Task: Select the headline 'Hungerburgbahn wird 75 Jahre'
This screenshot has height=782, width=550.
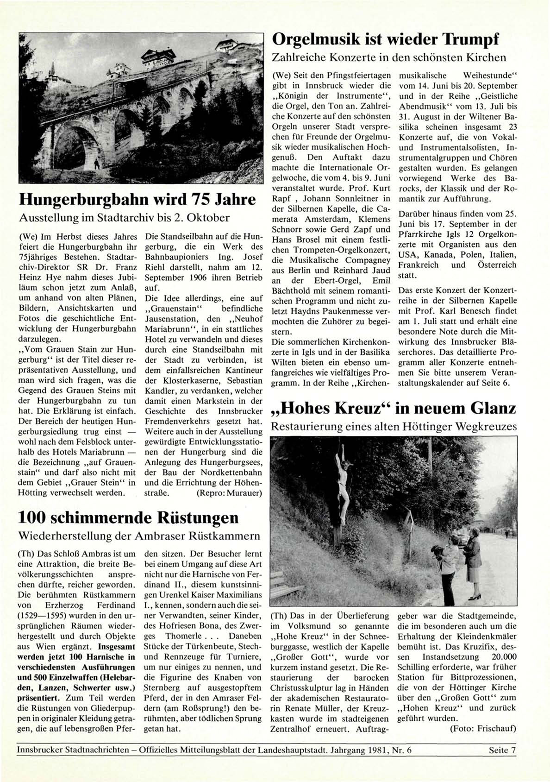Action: coord(137,200)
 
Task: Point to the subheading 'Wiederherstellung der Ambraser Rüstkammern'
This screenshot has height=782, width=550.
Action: coord(139,536)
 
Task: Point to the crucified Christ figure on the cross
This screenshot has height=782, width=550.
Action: coord(343,477)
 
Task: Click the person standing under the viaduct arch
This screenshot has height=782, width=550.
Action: coord(97,164)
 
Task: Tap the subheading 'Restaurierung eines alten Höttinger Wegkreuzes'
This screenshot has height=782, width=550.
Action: coord(393,426)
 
